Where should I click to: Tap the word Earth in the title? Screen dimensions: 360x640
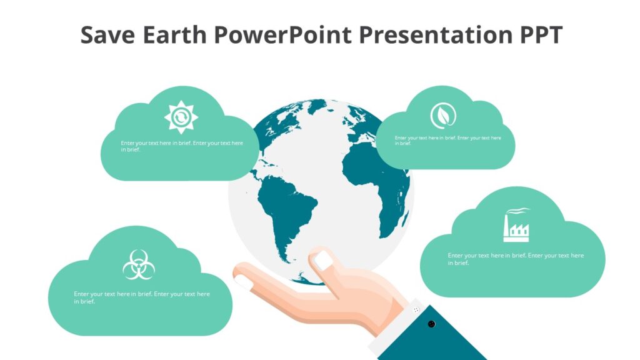click(x=175, y=35)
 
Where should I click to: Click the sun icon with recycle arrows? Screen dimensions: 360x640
click(x=181, y=117)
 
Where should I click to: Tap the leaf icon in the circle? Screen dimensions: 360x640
click(x=442, y=116)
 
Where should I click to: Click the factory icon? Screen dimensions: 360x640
click(x=516, y=226)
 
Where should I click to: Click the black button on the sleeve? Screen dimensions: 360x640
click(x=431, y=323)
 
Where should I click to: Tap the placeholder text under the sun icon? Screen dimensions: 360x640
click(x=182, y=146)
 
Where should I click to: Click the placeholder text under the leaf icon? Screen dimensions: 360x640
click(x=447, y=140)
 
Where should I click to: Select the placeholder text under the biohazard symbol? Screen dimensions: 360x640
click(x=142, y=297)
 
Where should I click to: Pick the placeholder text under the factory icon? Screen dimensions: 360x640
click(x=516, y=259)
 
